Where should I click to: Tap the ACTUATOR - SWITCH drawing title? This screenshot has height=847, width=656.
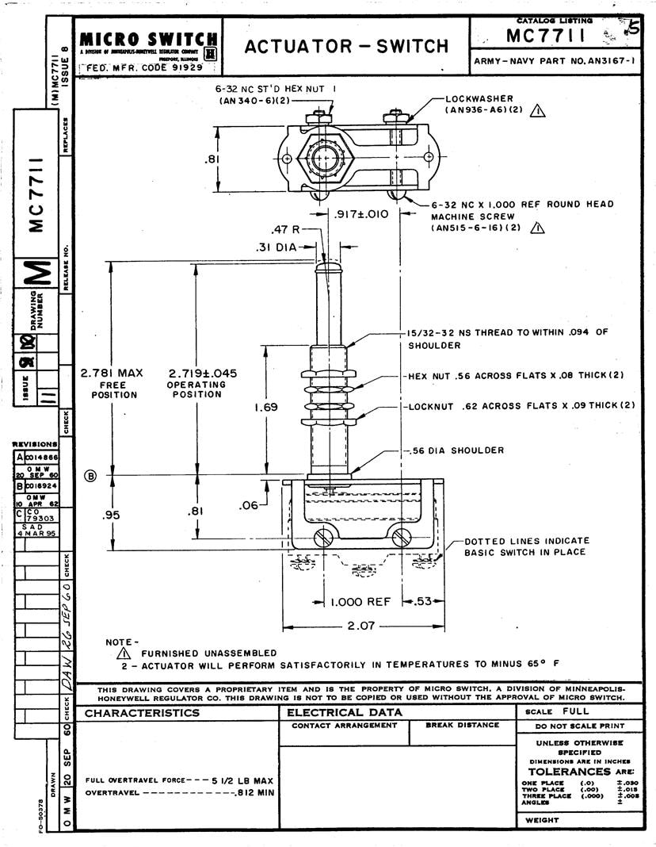(x=346, y=46)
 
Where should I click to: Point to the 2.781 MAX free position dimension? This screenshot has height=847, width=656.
(x=112, y=374)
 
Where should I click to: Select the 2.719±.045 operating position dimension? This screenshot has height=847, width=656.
(x=203, y=374)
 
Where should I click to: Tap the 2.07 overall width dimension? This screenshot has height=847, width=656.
(x=360, y=627)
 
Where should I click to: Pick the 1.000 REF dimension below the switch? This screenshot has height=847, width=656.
(x=360, y=602)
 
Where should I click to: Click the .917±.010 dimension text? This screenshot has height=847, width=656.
(x=361, y=214)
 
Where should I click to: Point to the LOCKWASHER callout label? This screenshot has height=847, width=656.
(x=472, y=99)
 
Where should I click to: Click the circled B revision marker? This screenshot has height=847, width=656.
(x=90, y=476)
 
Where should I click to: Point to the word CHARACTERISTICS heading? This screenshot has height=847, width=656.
(x=143, y=713)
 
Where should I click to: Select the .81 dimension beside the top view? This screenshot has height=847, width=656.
(x=212, y=159)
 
